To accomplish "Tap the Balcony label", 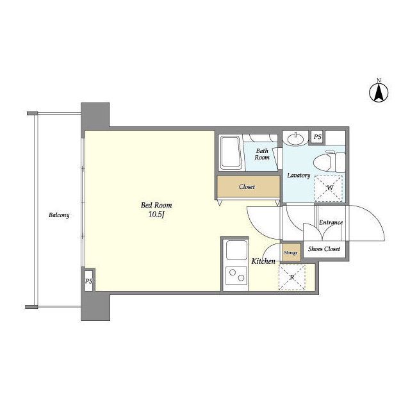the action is point(59,215).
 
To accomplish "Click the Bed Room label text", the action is point(156,205).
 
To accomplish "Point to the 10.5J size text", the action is point(156,215).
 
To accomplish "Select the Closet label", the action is point(247,186).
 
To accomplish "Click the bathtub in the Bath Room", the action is point(231,152).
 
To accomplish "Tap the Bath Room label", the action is point(262,154).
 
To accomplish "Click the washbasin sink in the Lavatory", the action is point(296,138).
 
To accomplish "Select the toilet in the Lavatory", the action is point(329,162).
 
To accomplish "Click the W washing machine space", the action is point(329,188).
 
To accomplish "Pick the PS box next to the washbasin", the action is point(318,136).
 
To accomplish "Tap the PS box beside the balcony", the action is point(88,281).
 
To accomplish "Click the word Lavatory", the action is point(299,175).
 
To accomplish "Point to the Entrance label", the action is point(331,222).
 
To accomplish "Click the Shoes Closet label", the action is point(324,249).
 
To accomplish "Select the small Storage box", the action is point(291,252).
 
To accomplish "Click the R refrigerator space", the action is point(292,277).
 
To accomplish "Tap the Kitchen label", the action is point(263,261).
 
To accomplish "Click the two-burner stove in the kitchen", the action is point(236,275).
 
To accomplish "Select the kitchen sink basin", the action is point(236,250).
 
